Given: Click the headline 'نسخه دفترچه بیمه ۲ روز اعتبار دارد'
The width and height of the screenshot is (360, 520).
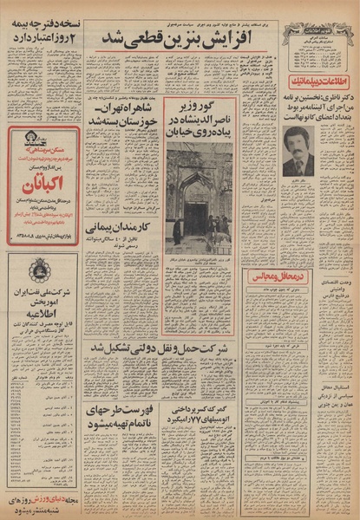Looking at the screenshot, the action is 43,33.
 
